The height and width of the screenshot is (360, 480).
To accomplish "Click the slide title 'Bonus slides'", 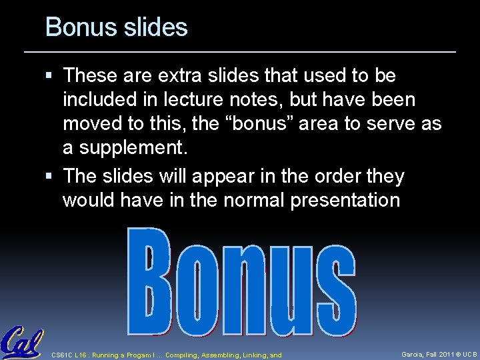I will point(117,28).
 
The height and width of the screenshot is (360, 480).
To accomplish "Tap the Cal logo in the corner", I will point(21,343).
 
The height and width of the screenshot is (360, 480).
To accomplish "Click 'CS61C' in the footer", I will point(63,355).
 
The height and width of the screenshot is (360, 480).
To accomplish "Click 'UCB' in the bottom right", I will point(470,354).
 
